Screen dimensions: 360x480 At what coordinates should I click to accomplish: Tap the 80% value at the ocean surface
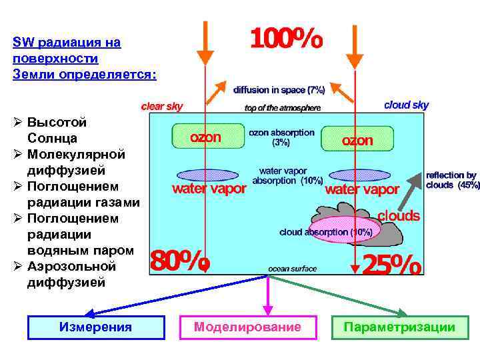click(181, 261)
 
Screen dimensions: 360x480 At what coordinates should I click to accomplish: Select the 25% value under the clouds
click(392, 265)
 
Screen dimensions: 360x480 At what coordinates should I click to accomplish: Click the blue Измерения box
click(95, 327)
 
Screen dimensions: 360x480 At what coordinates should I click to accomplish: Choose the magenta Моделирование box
click(247, 327)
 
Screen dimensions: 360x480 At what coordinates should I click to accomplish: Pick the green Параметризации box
click(399, 327)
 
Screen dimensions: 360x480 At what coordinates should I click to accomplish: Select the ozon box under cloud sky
click(357, 139)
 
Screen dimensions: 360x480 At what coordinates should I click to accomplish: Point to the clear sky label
click(161, 106)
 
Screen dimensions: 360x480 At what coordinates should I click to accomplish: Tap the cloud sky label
click(406, 105)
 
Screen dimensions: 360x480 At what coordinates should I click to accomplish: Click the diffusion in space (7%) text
click(279, 89)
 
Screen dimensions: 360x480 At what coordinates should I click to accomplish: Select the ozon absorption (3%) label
click(281, 137)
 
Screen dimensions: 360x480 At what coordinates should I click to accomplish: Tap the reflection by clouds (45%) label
click(452, 180)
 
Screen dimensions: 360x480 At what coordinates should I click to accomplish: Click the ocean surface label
click(292, 269)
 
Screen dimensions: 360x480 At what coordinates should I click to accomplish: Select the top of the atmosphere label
click(283, 107)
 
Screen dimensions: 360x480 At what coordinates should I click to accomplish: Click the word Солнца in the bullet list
click(53, 139)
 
